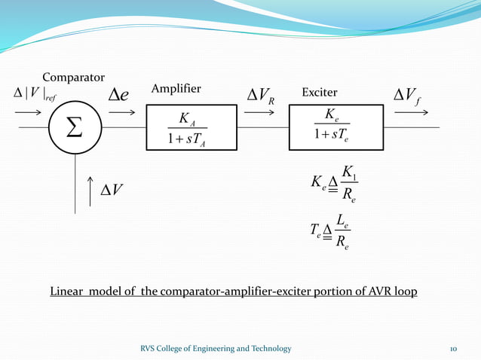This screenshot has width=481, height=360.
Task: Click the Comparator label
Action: click(x=73, y=76)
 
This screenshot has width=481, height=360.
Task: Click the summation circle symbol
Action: click(x=76, y=127)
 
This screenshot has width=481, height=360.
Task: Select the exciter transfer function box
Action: click(x=331, y=127)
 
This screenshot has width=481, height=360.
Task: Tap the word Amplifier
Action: click(x=176, y=89)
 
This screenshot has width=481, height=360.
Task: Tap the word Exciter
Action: click(x=319, y=92)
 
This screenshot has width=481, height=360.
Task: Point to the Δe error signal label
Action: click(x=119, y=95)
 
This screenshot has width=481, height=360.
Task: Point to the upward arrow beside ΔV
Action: click(x=90, y=191)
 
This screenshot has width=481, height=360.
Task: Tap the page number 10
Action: click(x=453, y=348)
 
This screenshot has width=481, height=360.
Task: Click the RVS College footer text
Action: click(x=216, y=348)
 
